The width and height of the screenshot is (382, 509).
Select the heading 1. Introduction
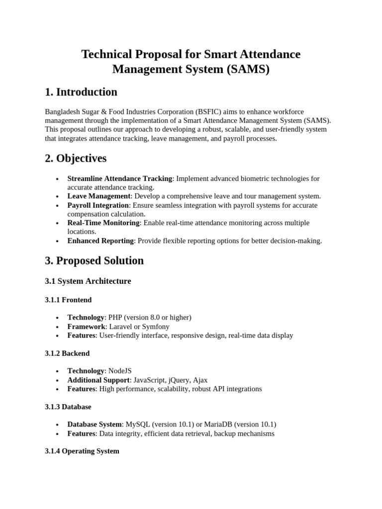pos(81,92)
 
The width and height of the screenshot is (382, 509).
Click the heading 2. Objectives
pos(76,159)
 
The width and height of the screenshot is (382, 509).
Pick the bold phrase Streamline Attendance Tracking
pos(119,178)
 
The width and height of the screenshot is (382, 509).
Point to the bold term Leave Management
pos(98,196)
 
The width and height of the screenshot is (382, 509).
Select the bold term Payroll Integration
pos(98,205)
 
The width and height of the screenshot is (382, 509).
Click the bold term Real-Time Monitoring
pos(103,223)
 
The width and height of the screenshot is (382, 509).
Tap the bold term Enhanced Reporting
pos(100,241)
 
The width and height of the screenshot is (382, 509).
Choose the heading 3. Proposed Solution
pos(95,260)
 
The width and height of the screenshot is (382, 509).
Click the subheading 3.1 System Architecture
pos(88,281)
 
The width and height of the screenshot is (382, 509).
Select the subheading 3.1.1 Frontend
pos(68,300)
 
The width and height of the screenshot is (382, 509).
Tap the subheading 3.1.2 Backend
pos(67,353)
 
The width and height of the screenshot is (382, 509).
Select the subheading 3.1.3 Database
pos(68,407)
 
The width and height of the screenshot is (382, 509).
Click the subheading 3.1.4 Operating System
pos(82,451)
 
